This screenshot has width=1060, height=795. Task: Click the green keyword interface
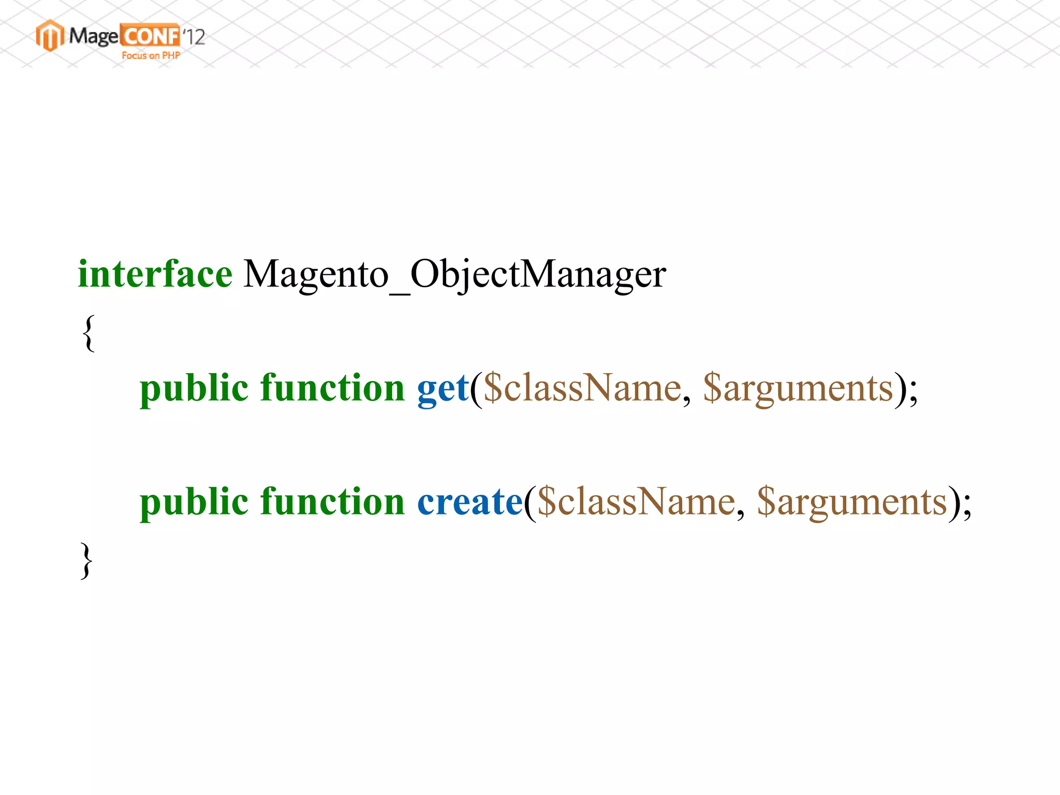tap(155, 274)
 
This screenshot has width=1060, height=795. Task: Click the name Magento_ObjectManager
tap(454, 274)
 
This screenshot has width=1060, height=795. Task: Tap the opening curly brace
tap(89, 333)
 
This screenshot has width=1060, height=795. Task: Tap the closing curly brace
tap(86, 561)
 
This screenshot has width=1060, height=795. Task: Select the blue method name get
tap(443, 389)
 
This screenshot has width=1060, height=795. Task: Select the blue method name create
tap(470, 502)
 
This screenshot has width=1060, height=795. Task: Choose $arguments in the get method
tap(799, 389)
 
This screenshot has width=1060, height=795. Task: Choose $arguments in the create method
tap(852, 502)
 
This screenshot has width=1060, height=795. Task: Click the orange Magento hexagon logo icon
tap(50, 36)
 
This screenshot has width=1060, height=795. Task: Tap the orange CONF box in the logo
tap(150, 36)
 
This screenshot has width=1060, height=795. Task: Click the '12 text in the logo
tap(194, 37)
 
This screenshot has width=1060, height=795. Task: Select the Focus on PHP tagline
tap(151, 55)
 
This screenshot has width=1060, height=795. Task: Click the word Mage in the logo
tap(94, 36)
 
